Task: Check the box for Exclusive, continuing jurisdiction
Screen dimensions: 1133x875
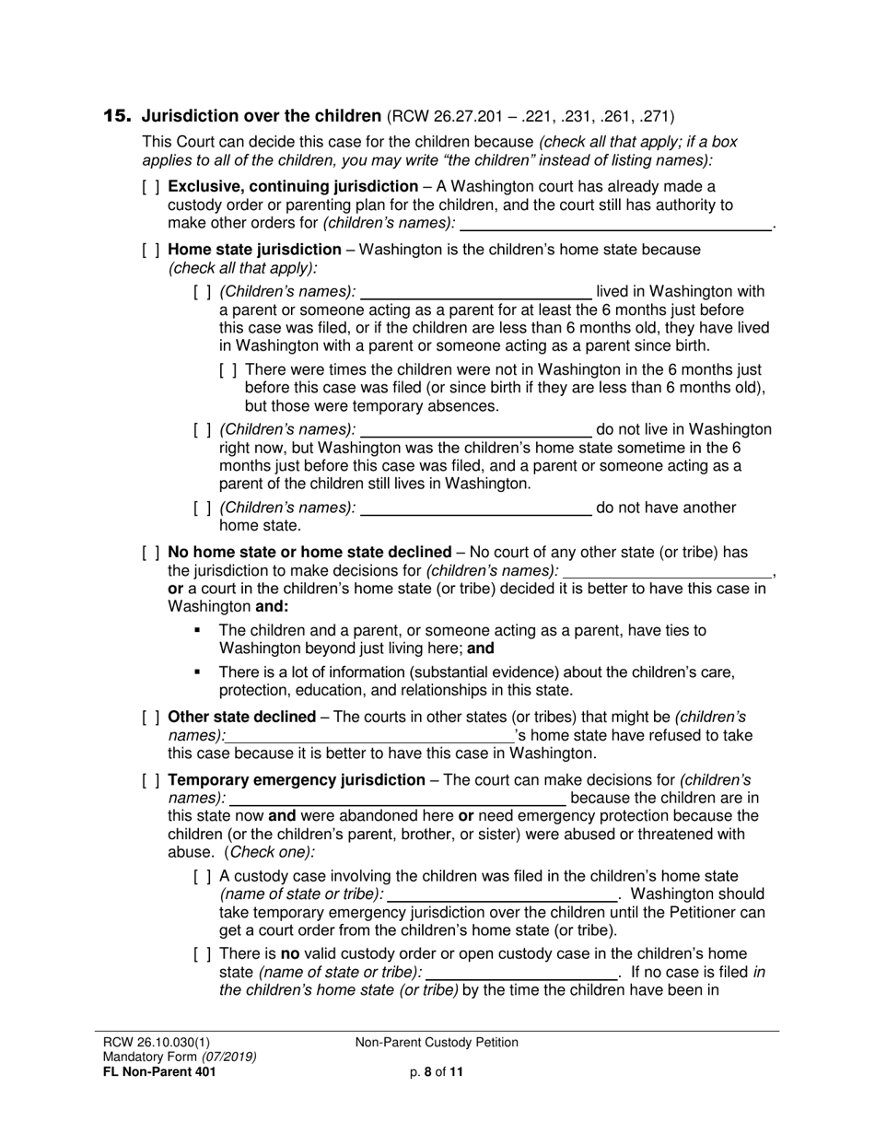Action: (151, 187)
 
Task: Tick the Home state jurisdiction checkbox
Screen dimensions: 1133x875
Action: (151, 250)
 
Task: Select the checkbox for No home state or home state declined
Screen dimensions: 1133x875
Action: (151, 553)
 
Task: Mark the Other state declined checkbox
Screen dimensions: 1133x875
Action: (151, 717)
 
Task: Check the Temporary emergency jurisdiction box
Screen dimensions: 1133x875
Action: (151, 780)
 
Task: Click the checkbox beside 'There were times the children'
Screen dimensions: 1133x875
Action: (228, 370)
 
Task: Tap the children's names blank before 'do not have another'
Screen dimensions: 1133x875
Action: (475, 508)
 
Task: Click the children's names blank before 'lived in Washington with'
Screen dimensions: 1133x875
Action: (475, 292)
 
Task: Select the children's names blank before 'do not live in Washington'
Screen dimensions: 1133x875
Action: (475, 429)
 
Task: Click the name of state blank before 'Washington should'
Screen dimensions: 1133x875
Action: (503, 894)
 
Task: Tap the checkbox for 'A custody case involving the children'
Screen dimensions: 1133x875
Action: (203, 876)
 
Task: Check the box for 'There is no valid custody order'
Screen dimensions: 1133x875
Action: (203, 953)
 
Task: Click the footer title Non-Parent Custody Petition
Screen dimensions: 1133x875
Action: (437, 1043)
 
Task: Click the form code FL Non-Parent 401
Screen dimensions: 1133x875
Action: (160, 1071)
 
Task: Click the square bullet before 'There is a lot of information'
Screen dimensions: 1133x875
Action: (197, 672)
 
